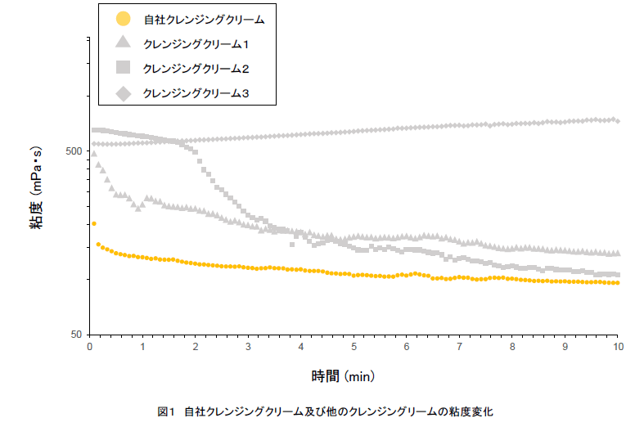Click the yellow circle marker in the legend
[123, 18]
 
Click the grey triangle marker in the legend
[123, 43]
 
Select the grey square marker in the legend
[123, 68]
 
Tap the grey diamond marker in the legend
[123, 93]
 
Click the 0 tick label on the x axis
[90, 347]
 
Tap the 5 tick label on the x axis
[354, 347]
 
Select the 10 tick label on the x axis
[618, 347]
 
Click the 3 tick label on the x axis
[249, 347]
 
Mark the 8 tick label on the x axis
[513, 347]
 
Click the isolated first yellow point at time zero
[94, 223]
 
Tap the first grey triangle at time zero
[93, 153]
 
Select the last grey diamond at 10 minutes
[618, 121]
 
